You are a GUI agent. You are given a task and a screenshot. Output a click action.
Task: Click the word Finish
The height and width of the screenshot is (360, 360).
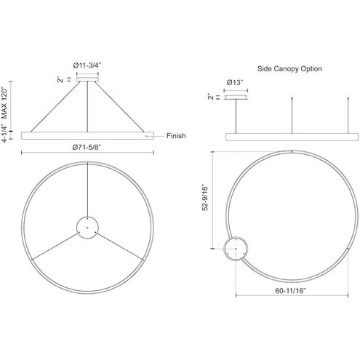click(x=177, y=135)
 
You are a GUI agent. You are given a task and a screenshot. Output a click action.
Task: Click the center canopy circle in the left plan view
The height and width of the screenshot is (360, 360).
click(x=87, y=228)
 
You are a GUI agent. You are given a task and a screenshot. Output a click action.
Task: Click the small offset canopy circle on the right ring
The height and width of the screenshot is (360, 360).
click(x=235, y=249)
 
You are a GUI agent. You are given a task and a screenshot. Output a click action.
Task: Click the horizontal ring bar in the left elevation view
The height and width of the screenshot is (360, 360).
click(x=87, y=135)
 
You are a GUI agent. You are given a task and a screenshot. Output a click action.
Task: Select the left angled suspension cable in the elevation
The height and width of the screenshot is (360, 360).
click(x=55, y=105)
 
